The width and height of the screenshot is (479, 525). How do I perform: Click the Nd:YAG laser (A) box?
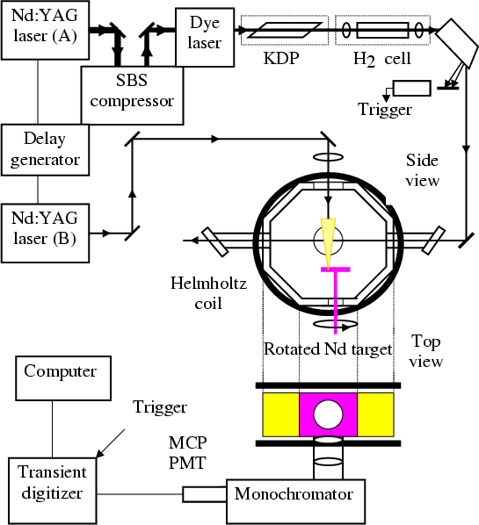45,30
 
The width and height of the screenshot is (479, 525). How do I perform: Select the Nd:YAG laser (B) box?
45,233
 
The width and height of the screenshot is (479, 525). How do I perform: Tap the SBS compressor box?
132,96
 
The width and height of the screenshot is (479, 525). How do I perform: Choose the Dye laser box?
205,38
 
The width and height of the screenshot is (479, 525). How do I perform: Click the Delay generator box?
45,150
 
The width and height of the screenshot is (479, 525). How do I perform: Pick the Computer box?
63,378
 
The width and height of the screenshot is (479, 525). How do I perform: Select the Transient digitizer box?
52,491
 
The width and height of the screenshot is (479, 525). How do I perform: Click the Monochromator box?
295,501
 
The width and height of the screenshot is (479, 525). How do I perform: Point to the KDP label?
281,59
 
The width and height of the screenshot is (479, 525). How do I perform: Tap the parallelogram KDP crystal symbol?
285,30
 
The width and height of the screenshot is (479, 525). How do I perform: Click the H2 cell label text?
382,60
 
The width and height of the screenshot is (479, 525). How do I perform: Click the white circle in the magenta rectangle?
328,414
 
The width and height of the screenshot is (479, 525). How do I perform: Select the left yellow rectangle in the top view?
280,414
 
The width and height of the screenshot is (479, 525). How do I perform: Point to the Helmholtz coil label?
208,293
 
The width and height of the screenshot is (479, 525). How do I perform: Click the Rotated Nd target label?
328,349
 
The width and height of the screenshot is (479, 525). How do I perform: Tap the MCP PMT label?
187,453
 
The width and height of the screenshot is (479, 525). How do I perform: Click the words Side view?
423,170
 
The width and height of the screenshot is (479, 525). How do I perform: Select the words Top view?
426,351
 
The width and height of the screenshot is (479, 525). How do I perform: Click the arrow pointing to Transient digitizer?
111,443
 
